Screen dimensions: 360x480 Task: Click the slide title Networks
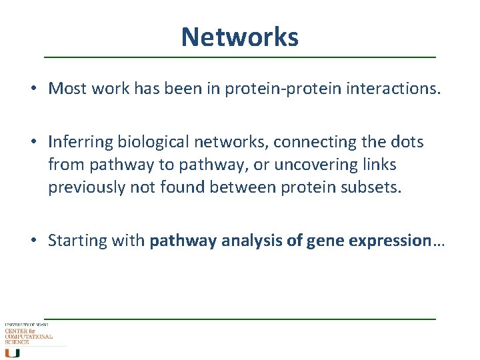[x=239, y=37]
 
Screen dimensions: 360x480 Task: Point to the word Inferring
[x=80, y=142]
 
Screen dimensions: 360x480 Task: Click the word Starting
[x=73, y=241]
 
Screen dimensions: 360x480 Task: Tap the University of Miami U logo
[x=11, y=352]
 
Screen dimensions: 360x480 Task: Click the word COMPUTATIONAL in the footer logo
[x=29, y=337]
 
